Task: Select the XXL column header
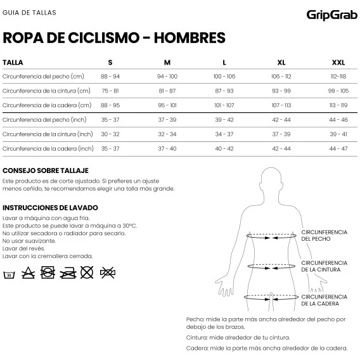(338, 63)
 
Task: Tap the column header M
(167, 63)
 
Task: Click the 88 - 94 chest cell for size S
(110, 76)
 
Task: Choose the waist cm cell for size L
(224, 91)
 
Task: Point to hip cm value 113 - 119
(338, 105)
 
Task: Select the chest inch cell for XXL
(338, 120)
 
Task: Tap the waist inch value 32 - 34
(167, 134)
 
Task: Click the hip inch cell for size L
(224, 148)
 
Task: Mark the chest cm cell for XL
(281, 76)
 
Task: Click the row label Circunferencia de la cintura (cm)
(46, 91)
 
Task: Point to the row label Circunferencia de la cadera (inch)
(48, 148)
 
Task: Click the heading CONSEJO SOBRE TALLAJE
(46, 171)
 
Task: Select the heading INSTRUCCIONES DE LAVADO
(50, 208)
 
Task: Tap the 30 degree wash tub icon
(10, 274)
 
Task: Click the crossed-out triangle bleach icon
(28, 273)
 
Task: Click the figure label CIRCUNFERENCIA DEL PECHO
(324, 235)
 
